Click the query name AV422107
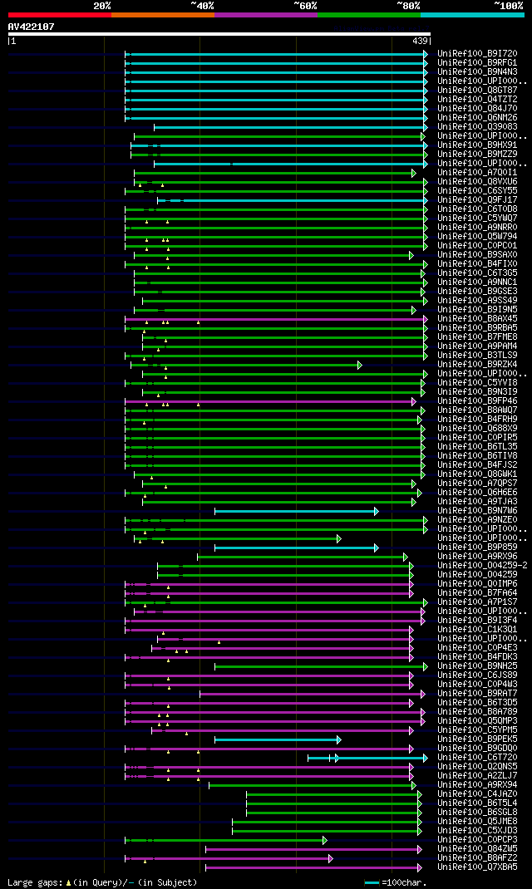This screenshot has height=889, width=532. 31,27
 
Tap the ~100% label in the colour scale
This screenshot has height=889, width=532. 508,6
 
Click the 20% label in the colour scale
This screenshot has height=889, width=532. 102,6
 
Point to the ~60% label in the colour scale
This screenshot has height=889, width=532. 305,6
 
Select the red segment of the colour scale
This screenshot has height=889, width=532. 59,15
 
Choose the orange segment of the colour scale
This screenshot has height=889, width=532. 162,15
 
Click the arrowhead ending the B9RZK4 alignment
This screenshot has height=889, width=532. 360,365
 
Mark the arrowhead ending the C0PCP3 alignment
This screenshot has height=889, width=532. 325,840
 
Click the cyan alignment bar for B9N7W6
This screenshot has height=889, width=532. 295,511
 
